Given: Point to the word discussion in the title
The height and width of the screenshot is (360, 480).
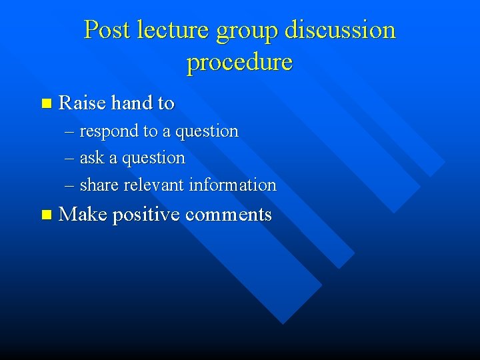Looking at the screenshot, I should coord(340,30).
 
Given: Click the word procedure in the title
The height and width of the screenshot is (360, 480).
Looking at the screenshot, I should coord(239,63).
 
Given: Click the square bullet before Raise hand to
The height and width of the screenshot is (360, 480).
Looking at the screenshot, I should coord(45,103).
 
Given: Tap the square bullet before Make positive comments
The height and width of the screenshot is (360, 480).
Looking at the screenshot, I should coord(45,215).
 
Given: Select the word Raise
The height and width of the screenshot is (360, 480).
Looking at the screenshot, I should coord(83,103).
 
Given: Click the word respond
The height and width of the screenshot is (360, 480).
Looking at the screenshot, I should coord(109,132).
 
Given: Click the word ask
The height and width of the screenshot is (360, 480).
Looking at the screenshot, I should coord(91,158).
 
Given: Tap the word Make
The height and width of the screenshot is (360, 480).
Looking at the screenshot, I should coord(83,215).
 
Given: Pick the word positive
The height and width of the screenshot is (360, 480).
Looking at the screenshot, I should coord(147,215).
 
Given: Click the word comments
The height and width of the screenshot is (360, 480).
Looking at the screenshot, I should coord(229,215).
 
